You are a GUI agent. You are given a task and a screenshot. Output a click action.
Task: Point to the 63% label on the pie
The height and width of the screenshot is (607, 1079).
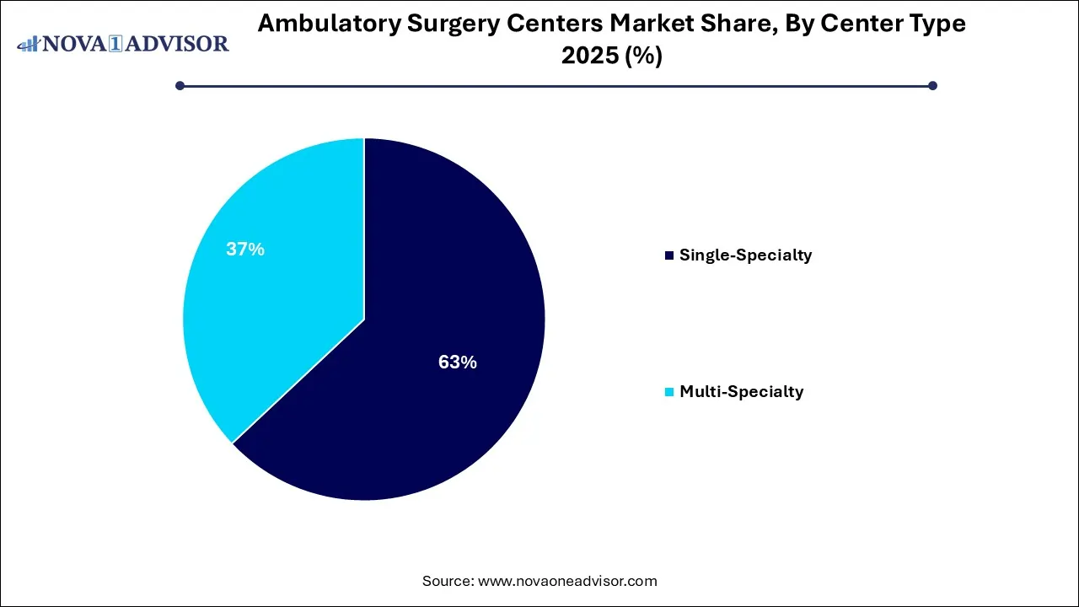click(458, 363)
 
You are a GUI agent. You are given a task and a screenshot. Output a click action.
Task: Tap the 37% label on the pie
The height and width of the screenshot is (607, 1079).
click(245, 250)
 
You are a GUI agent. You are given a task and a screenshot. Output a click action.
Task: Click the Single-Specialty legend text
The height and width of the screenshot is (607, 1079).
click(745, 255)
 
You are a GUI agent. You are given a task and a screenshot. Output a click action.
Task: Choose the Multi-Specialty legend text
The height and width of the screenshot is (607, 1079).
click(741, 391)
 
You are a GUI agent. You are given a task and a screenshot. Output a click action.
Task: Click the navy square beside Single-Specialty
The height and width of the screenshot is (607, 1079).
click(669, 255)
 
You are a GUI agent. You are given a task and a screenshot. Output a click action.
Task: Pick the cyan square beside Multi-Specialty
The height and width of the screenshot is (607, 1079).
click(669, 392)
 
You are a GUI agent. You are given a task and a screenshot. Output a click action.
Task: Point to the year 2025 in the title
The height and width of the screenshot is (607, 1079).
click(587, 56)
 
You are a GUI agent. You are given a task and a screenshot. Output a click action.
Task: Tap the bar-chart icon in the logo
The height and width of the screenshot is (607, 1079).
click(29, 43)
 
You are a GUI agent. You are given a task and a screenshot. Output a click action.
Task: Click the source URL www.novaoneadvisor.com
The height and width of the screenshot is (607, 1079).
click(567, 581)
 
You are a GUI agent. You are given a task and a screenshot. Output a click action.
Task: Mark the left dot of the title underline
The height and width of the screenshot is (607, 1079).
click(180, 85)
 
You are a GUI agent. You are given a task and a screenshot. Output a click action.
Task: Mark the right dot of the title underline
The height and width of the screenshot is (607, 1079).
click(932, 85)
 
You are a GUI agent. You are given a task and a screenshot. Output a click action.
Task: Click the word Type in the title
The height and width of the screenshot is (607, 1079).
click(937, 24)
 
